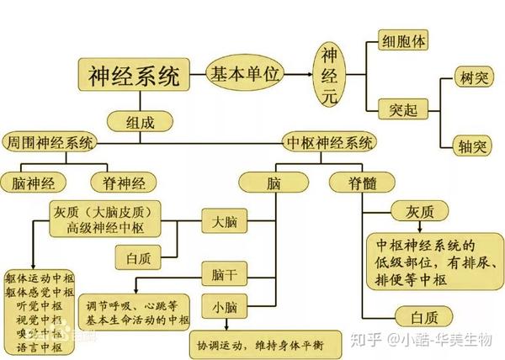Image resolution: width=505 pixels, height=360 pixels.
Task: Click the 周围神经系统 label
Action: pyautogui.click(x=49, y=141)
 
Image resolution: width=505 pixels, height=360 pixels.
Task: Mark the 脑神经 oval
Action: pyautogui.click(x=36, y=183)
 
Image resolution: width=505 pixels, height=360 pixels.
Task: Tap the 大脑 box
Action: pyautogui.click(x=224, y=222)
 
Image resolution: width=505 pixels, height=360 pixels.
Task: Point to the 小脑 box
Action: pyautogui.click(x=224, y=307)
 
